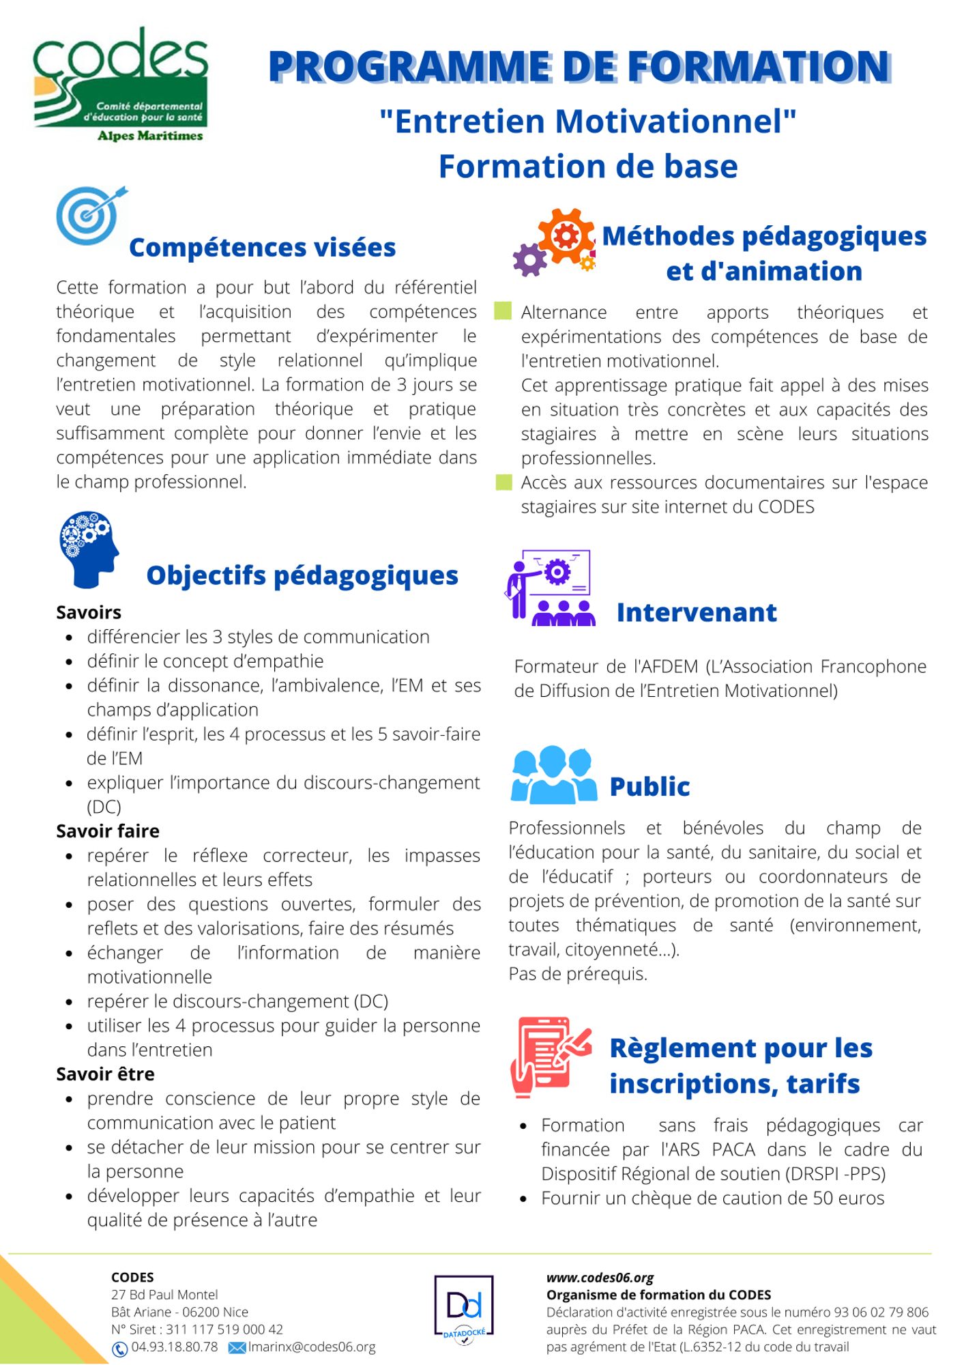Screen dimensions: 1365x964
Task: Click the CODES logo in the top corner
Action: [x=120, y=85]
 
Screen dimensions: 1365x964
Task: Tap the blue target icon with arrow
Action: [x=89, y=215]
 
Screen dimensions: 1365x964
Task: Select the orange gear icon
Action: [x=566, y=235]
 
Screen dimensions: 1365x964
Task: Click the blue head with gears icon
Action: [x=89, y=549]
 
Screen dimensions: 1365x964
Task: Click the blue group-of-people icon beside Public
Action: [x=553, y=775]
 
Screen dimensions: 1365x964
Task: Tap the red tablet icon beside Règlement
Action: [x=549, y=1056]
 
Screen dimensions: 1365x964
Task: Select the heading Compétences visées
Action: [x=262, y=247]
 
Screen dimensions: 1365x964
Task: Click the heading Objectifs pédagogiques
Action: [x=302, y=575]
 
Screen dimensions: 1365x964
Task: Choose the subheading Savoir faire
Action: [x=108, y=831]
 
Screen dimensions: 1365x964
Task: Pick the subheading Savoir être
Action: [x=105, y=1074]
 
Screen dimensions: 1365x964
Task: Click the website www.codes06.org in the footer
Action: [x=600, y=1278]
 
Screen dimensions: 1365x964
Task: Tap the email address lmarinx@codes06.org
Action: [x=312, y=1347]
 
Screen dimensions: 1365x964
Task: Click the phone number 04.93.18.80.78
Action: [x=175, y=1347]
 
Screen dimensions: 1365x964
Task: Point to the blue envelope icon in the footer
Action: [x=237, y=1347]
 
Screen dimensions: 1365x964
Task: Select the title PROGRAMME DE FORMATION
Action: [x=579, y=66]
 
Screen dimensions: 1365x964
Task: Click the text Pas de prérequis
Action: [x=577, y=973]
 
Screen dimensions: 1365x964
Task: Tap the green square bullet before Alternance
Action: [x=503, y=311]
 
